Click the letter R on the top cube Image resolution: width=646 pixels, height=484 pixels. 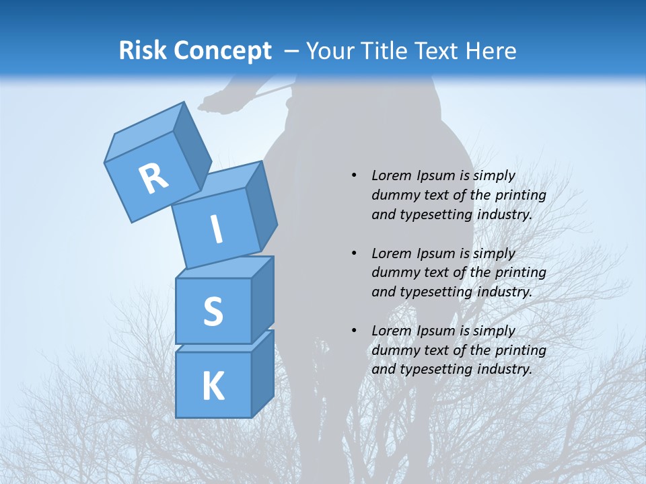[x=153, y=179]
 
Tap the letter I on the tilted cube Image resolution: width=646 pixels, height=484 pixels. [x=217, y=230]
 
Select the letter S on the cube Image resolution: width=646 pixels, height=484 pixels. [x=213, y=311]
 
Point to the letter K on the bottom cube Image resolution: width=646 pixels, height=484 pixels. [x=213, y=387]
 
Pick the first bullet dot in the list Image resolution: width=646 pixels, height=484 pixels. [x=354, y=175]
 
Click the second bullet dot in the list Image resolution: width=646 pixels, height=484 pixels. [x=354, y=253]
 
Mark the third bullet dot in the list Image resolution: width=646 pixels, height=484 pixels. [x=354, y=331]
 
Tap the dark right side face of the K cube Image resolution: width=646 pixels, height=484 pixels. [x=262, y=373]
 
